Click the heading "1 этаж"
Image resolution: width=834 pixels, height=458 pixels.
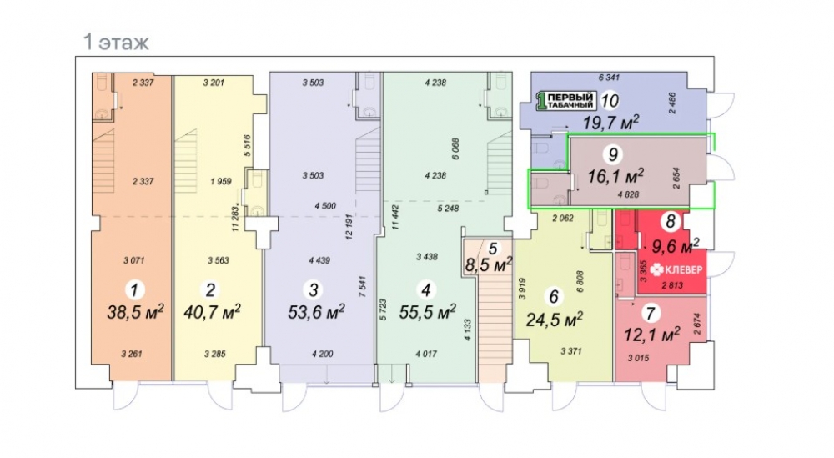[x=117, y=42]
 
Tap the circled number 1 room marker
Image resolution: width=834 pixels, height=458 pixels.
[x=134, y=290]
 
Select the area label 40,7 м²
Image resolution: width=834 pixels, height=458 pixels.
[x=212, y=312]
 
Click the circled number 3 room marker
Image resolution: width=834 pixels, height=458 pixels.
[x=314, y=290]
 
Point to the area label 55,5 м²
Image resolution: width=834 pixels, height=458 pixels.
[x=427, y=312]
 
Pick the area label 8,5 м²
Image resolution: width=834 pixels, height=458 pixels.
[x=489, y=264]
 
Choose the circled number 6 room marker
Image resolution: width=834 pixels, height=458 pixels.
[x=554, y=297]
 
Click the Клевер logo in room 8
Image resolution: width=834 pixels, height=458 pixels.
[x=676, y=269]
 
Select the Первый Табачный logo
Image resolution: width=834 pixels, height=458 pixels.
[x=565, y=101]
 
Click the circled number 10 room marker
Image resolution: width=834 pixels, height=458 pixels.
[x=610, y=100]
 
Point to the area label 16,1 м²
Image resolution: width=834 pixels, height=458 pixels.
[x=615, y=175]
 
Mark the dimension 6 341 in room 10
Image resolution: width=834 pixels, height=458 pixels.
[x=609, y=78]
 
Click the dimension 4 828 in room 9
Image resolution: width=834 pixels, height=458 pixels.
[x=628, y=194]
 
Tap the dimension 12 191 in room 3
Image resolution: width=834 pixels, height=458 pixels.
[x=349, y=228]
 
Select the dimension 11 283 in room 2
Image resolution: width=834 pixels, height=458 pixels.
[x=235, y=218]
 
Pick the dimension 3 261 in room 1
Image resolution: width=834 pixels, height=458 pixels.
[x=132, y=354]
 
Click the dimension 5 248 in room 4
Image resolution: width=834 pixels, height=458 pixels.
[x=448, y=209]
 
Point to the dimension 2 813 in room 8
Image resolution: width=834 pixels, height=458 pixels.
[x=672, y=285]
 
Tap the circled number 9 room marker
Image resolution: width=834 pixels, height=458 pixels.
[x=613, y=154]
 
